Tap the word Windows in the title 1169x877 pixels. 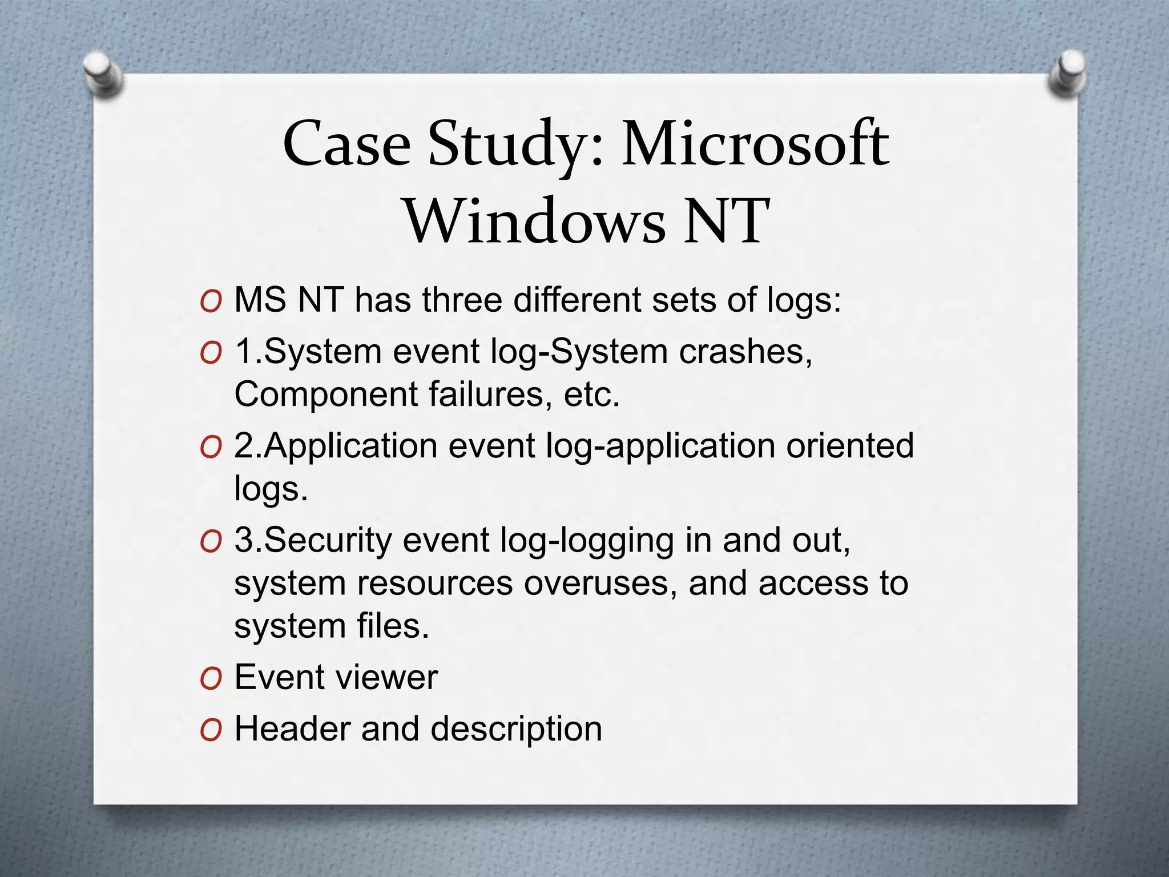tap(535, 221)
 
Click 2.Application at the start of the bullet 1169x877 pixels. tap(336, 445)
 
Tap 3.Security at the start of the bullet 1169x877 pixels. tap(313, 540)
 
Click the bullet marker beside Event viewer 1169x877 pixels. tap(211, 678)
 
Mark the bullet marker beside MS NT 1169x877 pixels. tap(211, 301)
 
